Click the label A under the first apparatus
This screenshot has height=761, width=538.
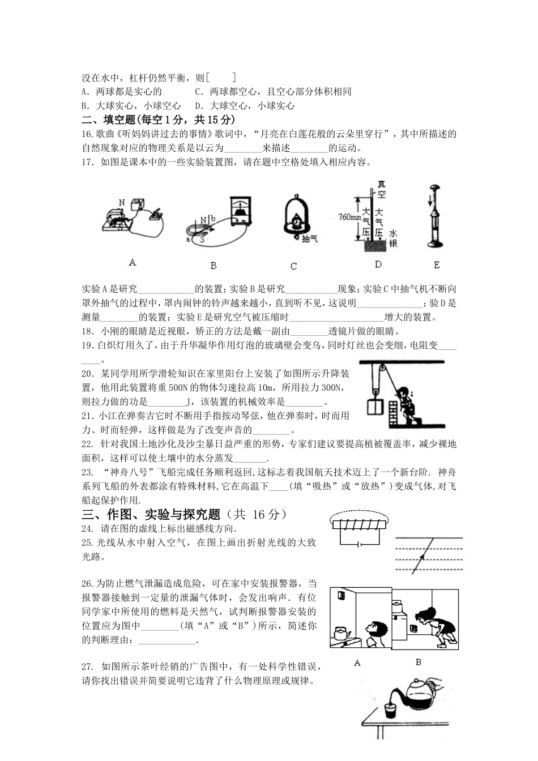pyautogui.click(x=133, y=262)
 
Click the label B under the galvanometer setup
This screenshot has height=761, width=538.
pyautogui.click(x=214, y=265)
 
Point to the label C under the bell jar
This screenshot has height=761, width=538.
pyautogui.click(x=293, y=266)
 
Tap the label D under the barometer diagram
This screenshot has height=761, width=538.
pyautogui.click(x=378, y=264)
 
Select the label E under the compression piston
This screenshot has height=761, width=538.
pyautogui.click(x=436, y=264)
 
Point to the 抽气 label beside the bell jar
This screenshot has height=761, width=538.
pyautogui.click(x=310, y=239)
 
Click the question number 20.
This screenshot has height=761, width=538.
pyautogui.click(x=87, y=374)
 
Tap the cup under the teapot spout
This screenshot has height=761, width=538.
pyautogui.click(x=388, y=711)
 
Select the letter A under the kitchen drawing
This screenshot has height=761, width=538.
pyautogui.click(x=357, y=662)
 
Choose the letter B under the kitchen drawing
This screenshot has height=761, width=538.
pyautogui.click(x=419, y=662)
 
